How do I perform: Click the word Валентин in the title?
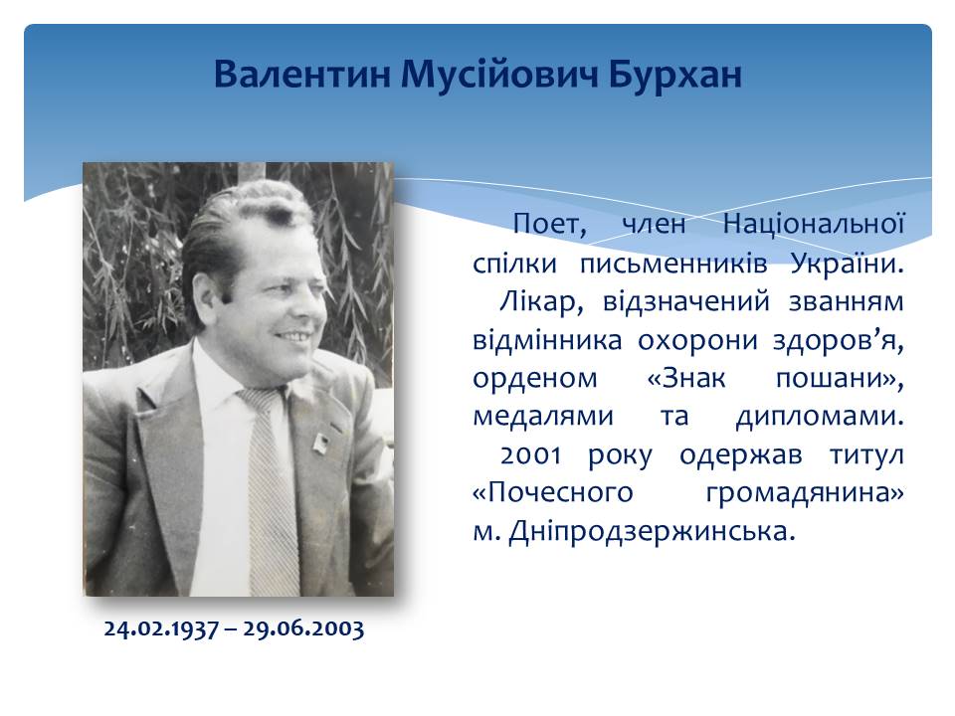(301, 75)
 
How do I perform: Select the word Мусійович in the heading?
(498, 75)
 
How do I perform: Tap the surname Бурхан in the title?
(674, 75)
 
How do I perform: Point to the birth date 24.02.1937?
(161, 628)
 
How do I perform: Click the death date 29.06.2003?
(303, 628)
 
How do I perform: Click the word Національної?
(813, 224)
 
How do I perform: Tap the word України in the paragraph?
(848, 264)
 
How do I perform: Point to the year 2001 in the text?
(530, 454)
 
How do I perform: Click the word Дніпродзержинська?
(653, 531)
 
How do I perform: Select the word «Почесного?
(553, 493)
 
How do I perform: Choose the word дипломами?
(820, 417)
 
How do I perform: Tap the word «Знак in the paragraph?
(686, 378)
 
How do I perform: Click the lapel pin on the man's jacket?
(321, 444)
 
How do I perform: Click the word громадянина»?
(805, 493)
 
